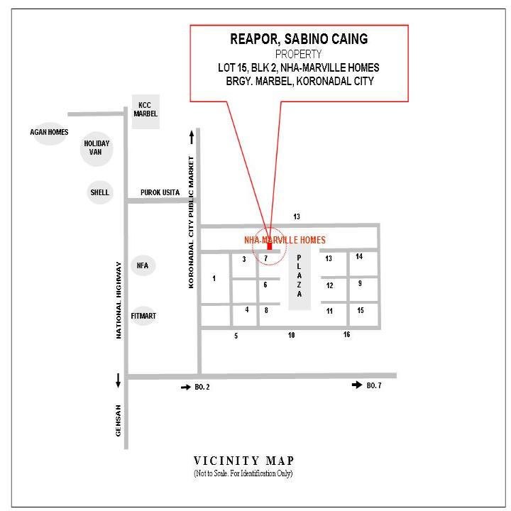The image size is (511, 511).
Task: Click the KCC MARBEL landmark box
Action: coord(145,112)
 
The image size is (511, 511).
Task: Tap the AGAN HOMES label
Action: coord(49,132)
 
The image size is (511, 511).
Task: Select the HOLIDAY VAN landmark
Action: coord(97,148)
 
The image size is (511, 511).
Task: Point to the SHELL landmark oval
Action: coord(100,192)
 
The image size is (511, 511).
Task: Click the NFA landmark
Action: coord(143,265)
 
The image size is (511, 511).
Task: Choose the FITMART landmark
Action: coord(143,316)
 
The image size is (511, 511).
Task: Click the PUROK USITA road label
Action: coord(160,192)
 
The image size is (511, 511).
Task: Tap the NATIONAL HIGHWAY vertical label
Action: coord(119,300)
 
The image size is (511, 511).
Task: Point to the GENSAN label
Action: coord(118,420)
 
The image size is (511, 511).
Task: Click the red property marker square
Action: coord(270,246)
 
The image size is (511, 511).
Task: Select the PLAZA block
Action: coord(300,276)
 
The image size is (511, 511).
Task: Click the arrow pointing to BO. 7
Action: coord(357,385)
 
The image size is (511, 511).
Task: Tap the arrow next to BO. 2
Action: coord(186,388)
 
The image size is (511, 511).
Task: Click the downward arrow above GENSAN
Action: coord(118,380)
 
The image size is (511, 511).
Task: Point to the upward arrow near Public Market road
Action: coord(192,138)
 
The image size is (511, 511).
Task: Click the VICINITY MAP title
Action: coord(243,461)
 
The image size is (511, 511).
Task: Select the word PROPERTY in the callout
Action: coord(299,54)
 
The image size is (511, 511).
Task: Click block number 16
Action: coord(347,334)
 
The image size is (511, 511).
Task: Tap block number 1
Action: coord(214,278)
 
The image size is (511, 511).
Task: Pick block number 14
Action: coord(359,256)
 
